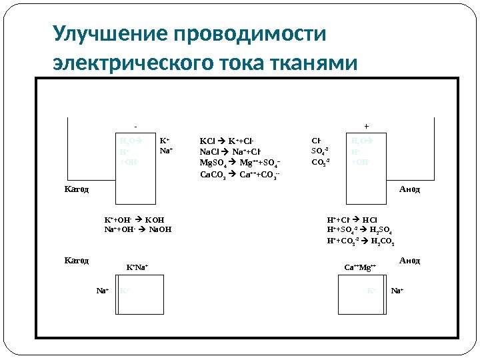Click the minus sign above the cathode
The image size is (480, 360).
pos(136,125)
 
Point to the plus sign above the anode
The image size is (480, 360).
pos(365,125)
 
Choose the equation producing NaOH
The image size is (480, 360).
pos(138,230)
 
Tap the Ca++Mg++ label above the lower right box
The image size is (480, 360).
pos(360,268)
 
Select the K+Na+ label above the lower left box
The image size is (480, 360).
pos(137,268)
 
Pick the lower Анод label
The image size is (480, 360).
pos(410,261)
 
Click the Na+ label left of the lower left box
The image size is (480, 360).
pos(103,291)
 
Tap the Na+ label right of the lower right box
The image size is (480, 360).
pos(398,291)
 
